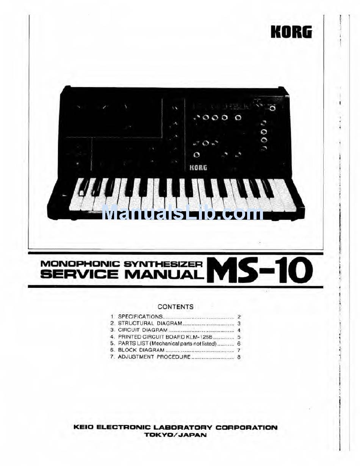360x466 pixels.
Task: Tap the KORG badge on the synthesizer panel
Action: [198, 167]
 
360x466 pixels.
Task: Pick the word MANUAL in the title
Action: [163, 274]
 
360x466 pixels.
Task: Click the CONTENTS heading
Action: [175, 307]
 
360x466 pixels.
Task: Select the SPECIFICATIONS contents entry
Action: [140, 316]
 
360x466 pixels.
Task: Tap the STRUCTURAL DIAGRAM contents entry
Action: [150, 323]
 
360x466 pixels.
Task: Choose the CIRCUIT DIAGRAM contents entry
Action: [142, 330]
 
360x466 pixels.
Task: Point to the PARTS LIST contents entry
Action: [167, 344]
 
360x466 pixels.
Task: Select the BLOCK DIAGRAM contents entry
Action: [141, 350]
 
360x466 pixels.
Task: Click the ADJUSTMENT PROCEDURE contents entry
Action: [154, 357]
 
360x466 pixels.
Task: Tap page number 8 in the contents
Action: [239, 357]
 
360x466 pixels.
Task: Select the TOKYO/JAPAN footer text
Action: [175, 435]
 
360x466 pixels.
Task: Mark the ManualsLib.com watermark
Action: [182, 213]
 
